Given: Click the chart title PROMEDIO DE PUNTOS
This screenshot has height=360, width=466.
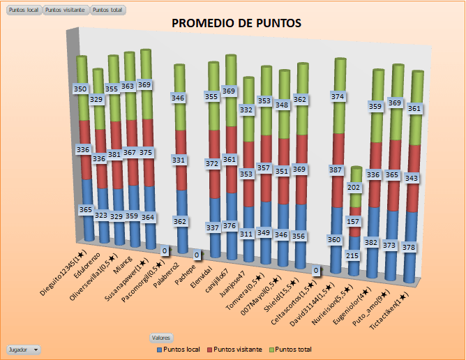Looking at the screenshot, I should coord(236,23).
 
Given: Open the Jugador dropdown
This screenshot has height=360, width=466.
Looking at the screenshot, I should coord(23,349).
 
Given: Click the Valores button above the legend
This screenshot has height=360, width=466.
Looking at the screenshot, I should coord(161,338).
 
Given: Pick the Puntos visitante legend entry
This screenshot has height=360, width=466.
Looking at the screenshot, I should coord(237,349).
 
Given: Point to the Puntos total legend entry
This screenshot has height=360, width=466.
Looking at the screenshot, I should coord(291,349).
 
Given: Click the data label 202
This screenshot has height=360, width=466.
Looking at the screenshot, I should coord(354,188).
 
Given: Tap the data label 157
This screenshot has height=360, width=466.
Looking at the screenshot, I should coord(354,221).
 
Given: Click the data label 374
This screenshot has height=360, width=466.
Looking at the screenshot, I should coord(338,96).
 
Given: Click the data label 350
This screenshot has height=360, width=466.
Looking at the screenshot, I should coord(82,89).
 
